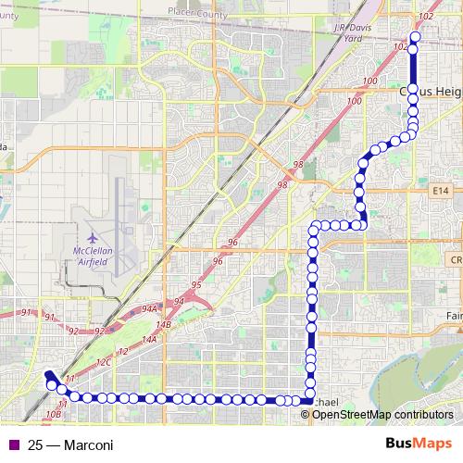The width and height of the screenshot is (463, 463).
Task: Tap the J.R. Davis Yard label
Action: click(x=351, y=33)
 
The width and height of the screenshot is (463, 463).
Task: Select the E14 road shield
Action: click(x=441, y=191)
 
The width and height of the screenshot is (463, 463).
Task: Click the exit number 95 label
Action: click(x=196, y=284)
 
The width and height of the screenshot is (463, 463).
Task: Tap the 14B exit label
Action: click(x=164, y=325)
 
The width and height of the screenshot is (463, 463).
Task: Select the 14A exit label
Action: click(x=148, y=340)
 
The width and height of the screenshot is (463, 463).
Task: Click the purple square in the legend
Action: click(x=13, y=444)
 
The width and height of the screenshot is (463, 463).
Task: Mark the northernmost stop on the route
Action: click(x=414, y=38)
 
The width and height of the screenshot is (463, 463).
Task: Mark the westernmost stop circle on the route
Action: click(x=48, y=382)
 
